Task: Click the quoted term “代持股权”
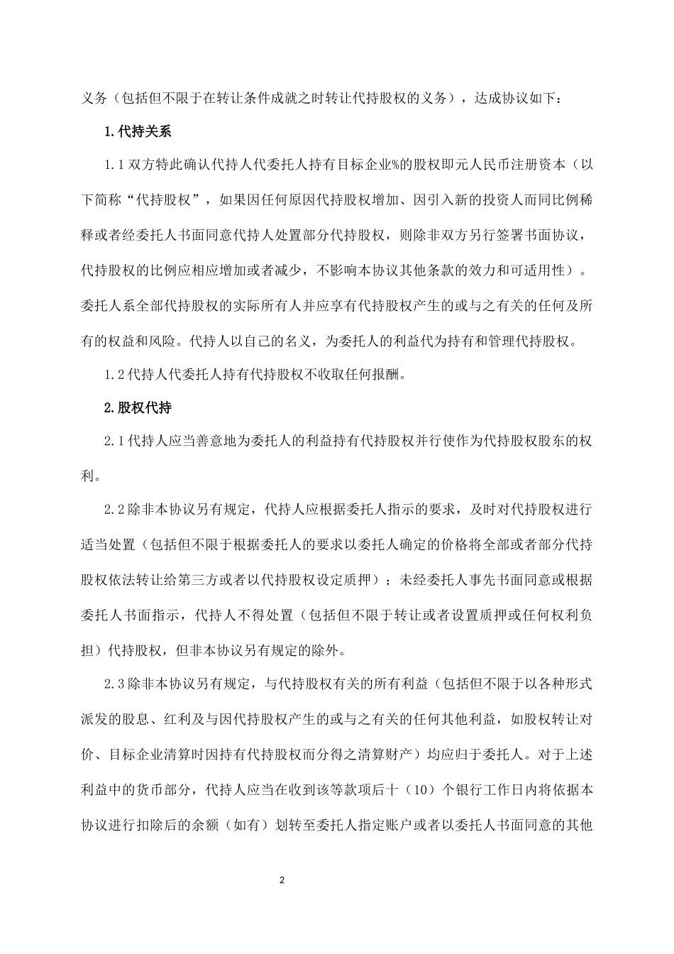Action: (165, 201)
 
